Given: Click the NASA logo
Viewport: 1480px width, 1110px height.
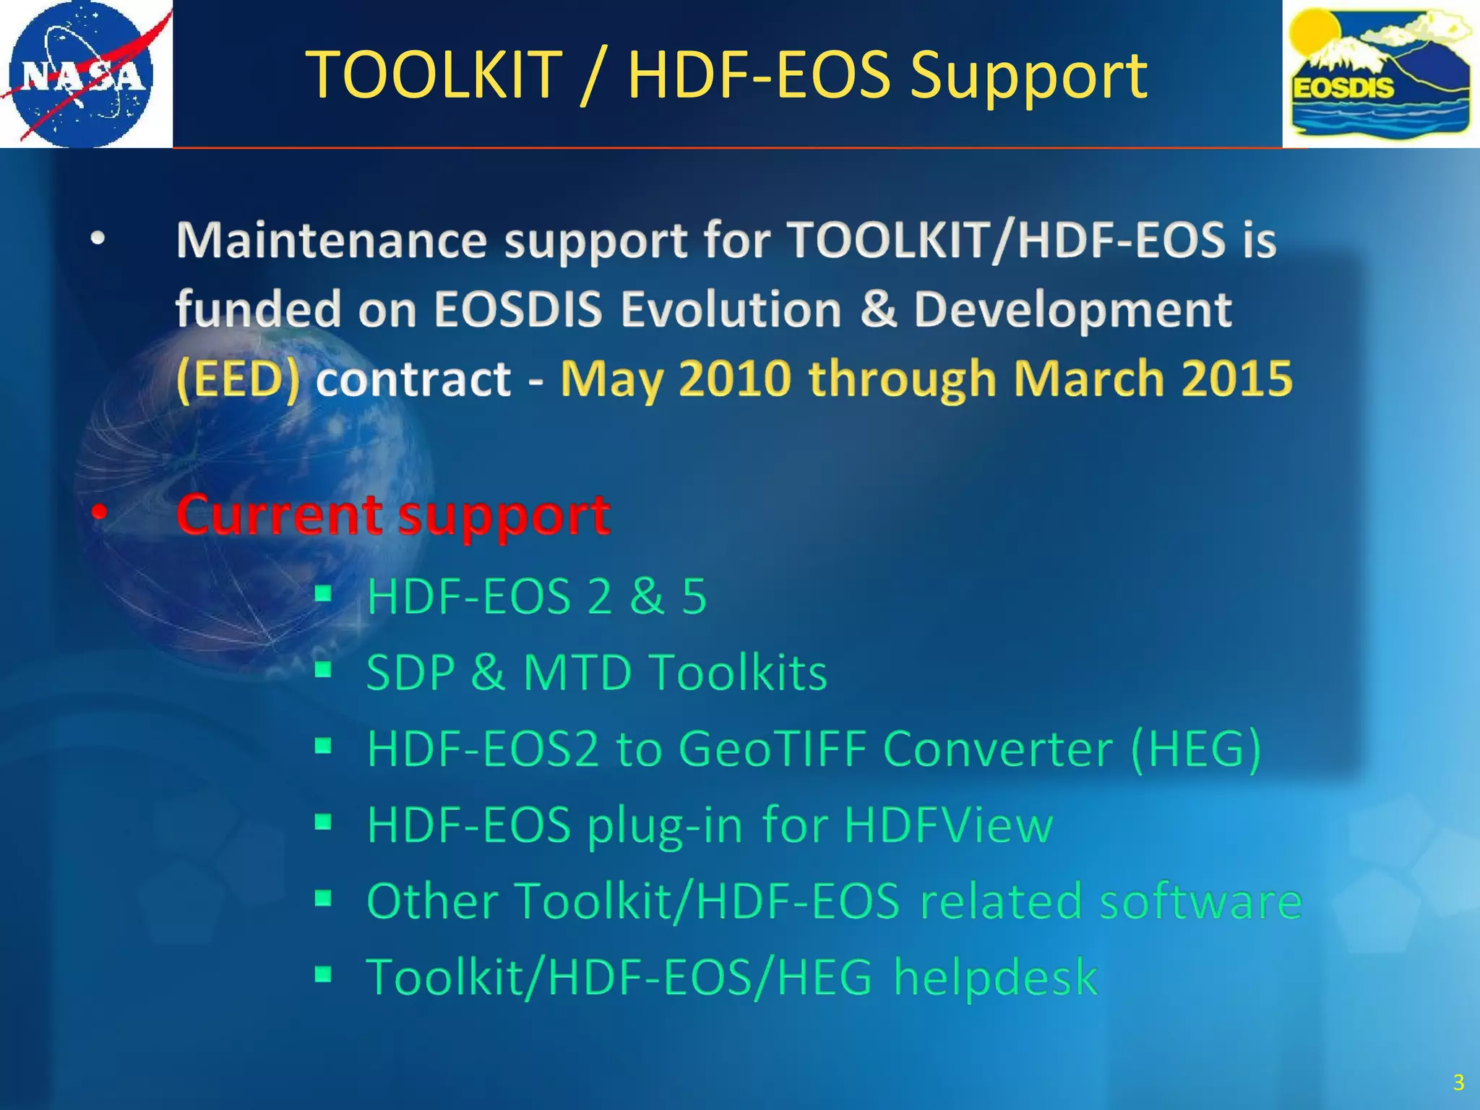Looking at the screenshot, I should click(x=83, y=74).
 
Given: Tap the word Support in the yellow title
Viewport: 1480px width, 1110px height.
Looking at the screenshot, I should click(x=1028, y=75).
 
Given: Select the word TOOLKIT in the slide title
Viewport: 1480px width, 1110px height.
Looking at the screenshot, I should click(x=434, y=75).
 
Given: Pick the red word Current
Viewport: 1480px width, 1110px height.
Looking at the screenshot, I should click(x=279, y=515).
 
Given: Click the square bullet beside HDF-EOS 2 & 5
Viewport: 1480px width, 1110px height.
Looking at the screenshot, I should click(x=323, y=594).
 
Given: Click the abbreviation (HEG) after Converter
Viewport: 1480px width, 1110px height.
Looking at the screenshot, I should click(x=1196, y=749).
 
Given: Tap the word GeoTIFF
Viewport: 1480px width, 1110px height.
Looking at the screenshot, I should click(x=772, y=749).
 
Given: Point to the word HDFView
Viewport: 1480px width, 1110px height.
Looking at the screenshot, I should click(x=948, y=825).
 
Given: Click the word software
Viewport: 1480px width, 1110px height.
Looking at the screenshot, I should click(x=1200, y=901).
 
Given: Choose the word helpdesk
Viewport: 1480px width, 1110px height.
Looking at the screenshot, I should click(x=995, y=978).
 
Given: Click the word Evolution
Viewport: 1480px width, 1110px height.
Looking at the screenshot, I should click(x=731, y=309).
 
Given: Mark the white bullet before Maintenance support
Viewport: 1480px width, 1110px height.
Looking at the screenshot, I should click(x=98, y=239).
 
